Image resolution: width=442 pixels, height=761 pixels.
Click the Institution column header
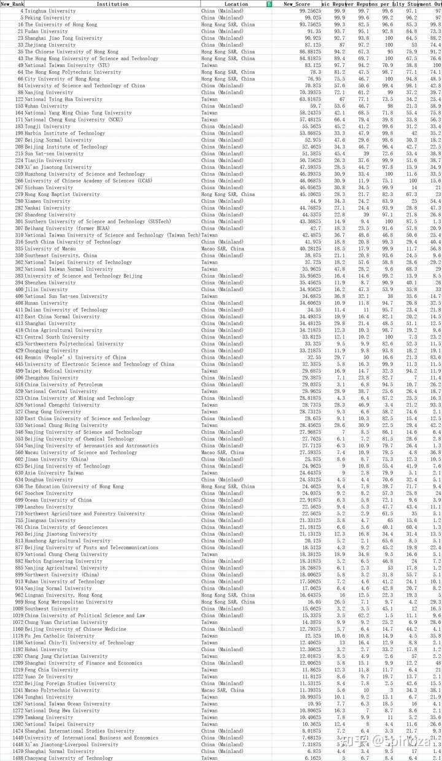(x=112, y=4)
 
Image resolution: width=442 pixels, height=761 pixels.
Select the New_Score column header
(x=297, y=4)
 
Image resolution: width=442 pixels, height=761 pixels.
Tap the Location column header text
(x=236, y=4)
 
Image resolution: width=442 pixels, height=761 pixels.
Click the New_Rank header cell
(x=12, y=4)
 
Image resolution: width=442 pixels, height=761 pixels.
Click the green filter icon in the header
(x=269, y=4)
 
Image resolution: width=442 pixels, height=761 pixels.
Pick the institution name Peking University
(x=48, y=18)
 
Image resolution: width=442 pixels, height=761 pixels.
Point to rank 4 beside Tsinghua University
(x=21, y=11)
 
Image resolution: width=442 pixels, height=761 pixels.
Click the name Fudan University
(x=46, y=31)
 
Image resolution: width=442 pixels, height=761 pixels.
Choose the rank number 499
(x=19, y=371)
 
